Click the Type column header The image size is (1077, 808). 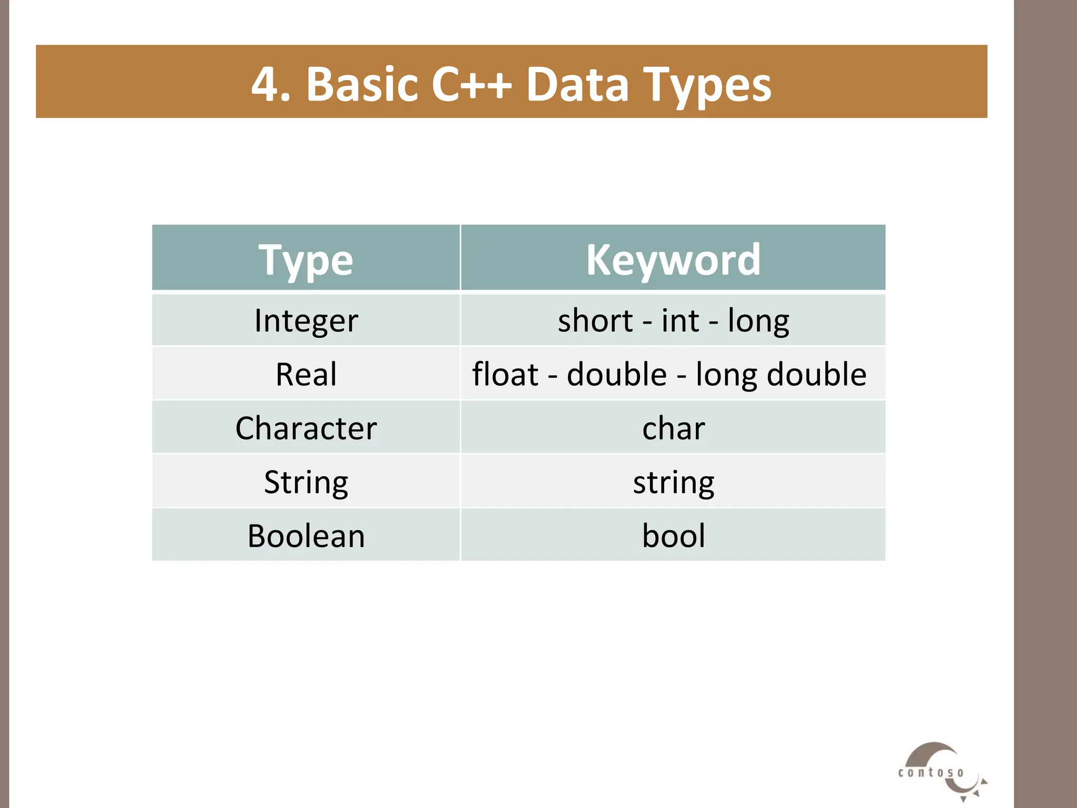[306, 259]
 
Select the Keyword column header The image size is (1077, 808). [673, 259]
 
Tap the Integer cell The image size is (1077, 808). [306, 320]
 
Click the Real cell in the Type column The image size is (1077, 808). [306, 375]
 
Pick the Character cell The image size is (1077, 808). [306, 428]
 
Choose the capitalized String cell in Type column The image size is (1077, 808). [306, 482]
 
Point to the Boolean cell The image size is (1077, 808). [306, 536]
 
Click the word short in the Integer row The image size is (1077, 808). [595, 320]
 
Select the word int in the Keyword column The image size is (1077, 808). [680, 320]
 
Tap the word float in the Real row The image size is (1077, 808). [505, 375]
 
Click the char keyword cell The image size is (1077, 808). [673, 428]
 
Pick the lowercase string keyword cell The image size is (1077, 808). [673, 482]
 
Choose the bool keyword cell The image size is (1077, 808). [673, 536]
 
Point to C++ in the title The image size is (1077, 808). [471, 84]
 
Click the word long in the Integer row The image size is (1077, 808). [758, 320]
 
